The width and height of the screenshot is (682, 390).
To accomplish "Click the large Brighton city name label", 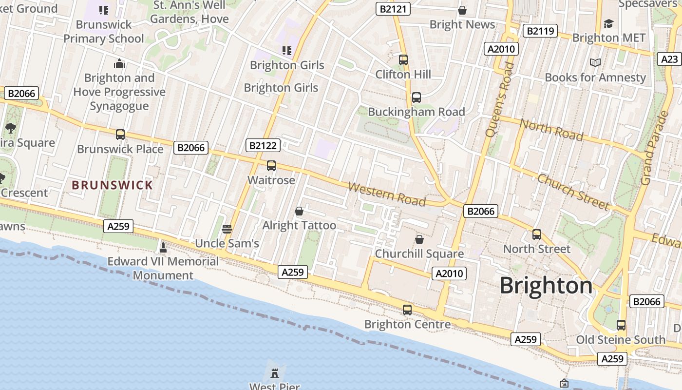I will (546, 285).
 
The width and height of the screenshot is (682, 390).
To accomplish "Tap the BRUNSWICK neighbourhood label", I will (113, 185).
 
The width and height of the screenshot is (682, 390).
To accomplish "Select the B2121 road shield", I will (393, 9).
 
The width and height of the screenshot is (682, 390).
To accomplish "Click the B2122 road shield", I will (263, 145).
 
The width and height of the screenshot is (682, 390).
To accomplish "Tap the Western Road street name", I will (387, 194).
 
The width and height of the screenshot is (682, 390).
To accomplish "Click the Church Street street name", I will (573, 192).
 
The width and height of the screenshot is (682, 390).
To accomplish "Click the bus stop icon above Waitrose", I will (271, 166).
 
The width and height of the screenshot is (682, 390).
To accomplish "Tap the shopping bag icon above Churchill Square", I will (419, 239).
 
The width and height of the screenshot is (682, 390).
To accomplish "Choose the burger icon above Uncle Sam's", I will (227, 229).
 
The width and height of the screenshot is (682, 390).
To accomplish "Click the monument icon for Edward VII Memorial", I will (163, 247).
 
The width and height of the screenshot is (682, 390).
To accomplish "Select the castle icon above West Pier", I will (275, 373).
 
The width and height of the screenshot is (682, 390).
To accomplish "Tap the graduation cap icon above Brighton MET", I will (608, 23).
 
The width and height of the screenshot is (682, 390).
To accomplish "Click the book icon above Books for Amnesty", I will (595, 62).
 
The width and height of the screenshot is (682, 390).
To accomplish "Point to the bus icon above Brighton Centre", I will (407, 310).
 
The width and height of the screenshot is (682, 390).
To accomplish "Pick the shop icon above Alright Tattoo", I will (299, 211).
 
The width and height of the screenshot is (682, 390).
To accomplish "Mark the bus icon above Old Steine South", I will (621, 325).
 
